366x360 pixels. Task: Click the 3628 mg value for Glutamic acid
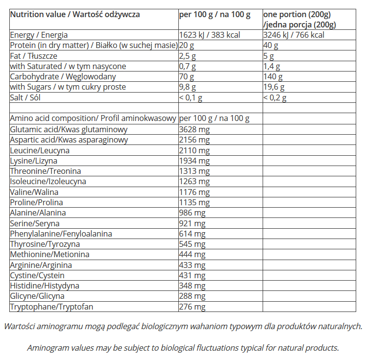point(195,130)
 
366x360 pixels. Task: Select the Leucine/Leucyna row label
point(40,150)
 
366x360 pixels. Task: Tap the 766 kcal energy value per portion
point(294,35)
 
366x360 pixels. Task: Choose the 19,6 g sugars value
point(275,87)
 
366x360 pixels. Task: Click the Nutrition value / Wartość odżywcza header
point(75,15)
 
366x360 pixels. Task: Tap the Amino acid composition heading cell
point(93,119)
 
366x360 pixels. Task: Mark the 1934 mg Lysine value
point(195,161)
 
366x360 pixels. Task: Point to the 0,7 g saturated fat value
point(188,67)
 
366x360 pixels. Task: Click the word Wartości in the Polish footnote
point(18,327)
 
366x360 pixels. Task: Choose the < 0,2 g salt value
point(275,97)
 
